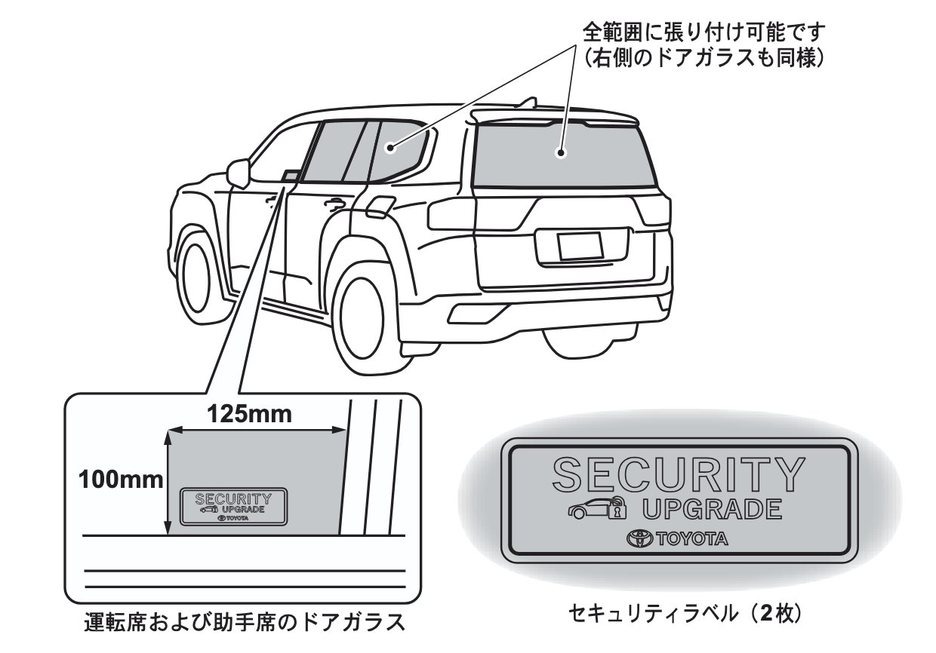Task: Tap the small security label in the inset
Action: coord(234,506)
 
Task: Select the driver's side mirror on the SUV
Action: coord(238,173)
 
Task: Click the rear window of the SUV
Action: coord(562,155)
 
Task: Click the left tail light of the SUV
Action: coord(451,215)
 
